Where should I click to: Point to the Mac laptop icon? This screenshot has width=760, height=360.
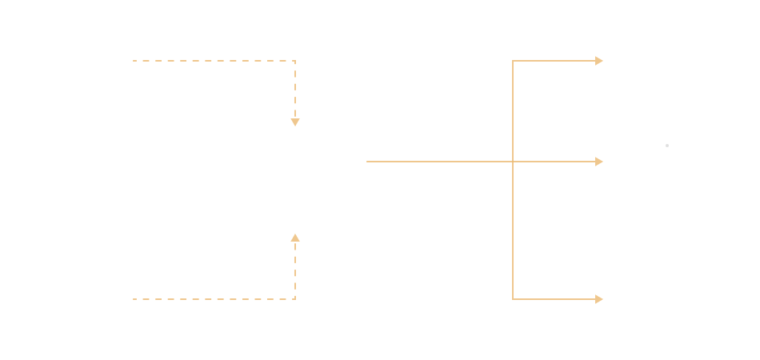click(666, 293)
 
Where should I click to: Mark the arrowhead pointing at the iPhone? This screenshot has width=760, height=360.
click(598, 60)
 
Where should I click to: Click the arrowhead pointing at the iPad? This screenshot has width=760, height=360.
click(598, 162)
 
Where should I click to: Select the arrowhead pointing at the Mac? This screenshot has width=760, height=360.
click(598, 298)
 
